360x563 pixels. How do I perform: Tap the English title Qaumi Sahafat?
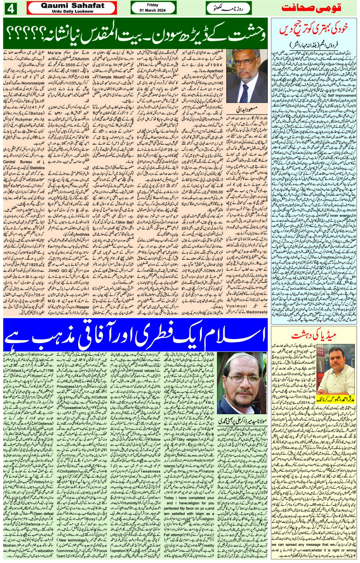point(72,5)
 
